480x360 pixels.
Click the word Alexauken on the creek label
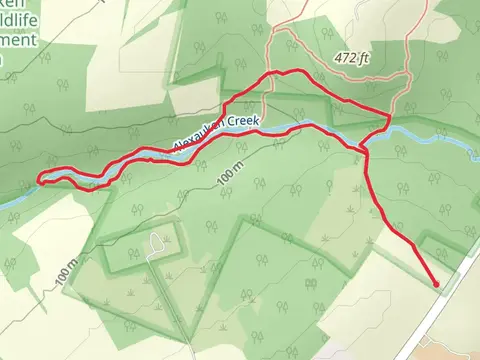[x=200, y=135]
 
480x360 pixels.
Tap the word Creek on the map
[x=243, y=122]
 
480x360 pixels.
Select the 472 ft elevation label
[x=354, y=58]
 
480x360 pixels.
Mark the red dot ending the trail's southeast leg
[x=437, y=285]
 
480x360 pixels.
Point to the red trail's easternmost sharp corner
[x=388, y=115]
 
